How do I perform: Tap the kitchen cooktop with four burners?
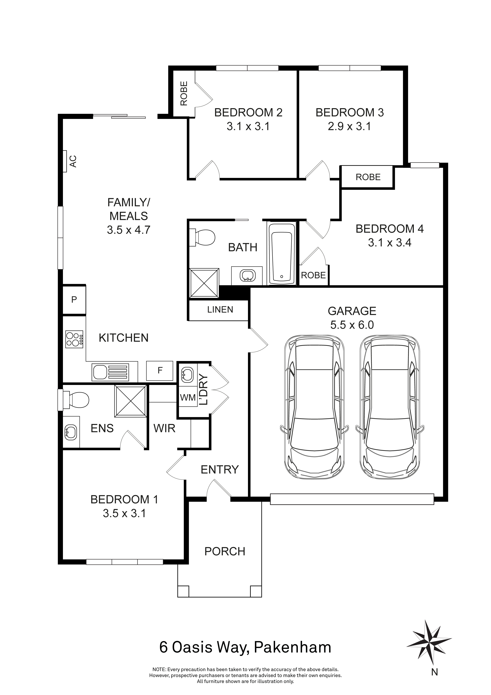[x=74, y=339]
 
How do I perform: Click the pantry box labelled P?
[x=74, y=300]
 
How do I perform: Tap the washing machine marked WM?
[x=188, y=397]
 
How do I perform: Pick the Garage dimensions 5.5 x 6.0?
[x=352, y=325]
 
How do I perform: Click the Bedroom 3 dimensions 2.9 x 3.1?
[x=349, y=126]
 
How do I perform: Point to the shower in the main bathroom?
[x=204, y=283]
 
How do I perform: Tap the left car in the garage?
[x=314, y=409]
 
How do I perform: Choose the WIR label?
[x=164, y=428]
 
